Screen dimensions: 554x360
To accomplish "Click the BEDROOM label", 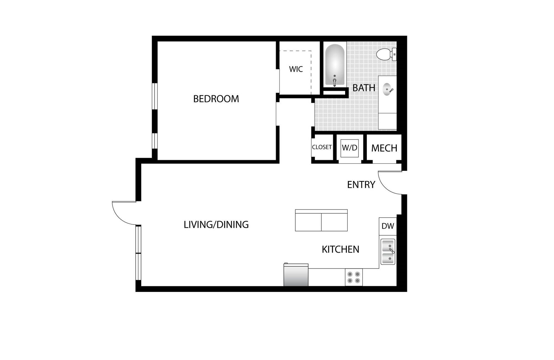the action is coord(216,99).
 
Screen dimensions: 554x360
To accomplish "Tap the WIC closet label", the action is coord(296,69).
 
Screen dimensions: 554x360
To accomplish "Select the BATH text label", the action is coord(364,88).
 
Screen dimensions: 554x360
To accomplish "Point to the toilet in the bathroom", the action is coord(387,54).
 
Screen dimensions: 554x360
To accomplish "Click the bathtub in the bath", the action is coord(335,65).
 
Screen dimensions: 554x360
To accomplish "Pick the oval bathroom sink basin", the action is coord(388,89).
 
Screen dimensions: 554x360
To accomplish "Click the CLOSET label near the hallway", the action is coord(322,147).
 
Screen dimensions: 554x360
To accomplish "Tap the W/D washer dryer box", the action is coord(350,148).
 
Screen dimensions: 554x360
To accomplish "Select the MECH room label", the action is coord(384,148).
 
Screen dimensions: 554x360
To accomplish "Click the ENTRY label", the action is coord(361,185).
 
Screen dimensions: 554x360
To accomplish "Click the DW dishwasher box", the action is coord(388,226).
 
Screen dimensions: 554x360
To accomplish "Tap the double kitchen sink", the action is coord(388,252).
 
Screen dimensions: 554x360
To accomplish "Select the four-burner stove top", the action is coord(354,277).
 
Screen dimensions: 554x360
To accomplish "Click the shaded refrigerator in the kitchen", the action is coord(296,275).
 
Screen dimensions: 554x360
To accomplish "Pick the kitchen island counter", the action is coord(321,220).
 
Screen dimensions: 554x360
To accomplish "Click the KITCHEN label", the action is coord(340,249).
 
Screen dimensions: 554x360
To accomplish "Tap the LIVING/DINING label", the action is coord(216,224).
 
